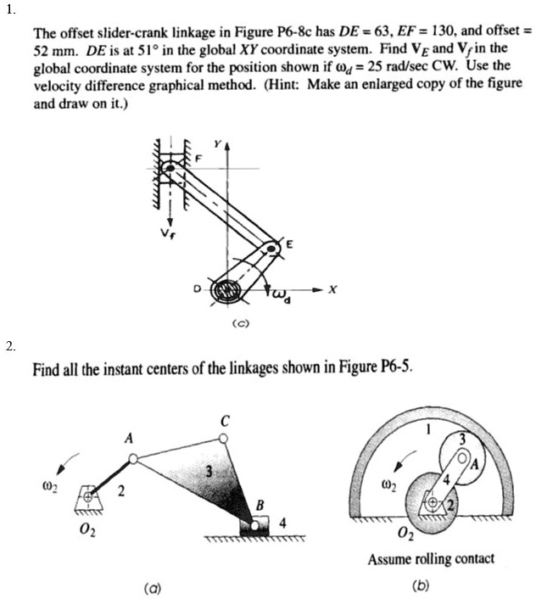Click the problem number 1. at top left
[x=9, y=10]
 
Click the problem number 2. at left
[x=9, y=345]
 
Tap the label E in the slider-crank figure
[x=290, y=244]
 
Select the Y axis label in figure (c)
[x=218, y=144]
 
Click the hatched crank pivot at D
[x=226, y=290]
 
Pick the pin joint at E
[x=270, y=249]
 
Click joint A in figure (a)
[x=133, y=459]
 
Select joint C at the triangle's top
[x=222, y=438]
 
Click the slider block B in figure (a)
[x=250, y=529]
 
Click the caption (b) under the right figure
[x=420, y=585]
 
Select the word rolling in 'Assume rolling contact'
[x=426, y=559]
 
